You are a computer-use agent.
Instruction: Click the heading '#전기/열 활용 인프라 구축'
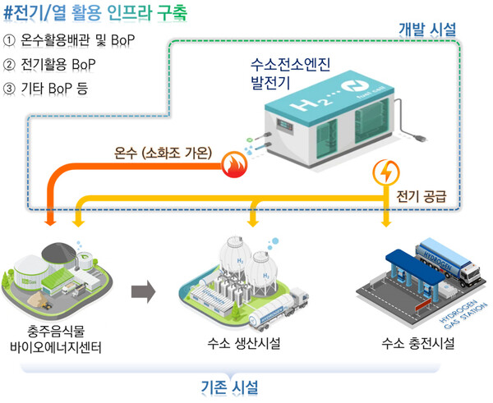98,14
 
